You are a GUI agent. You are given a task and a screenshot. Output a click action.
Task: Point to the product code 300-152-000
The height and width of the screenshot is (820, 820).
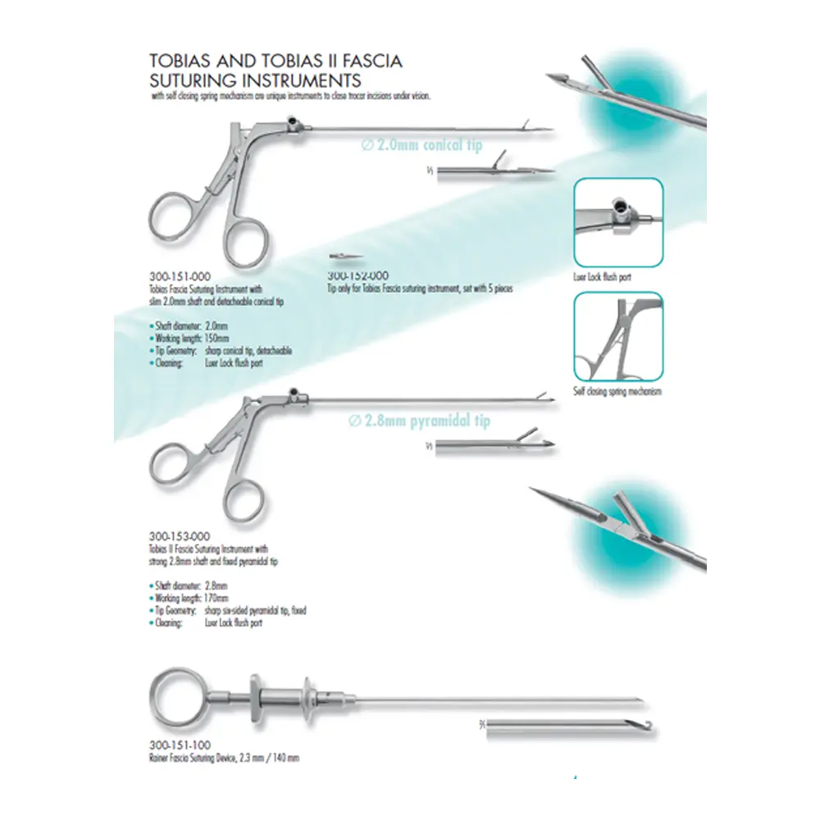pos(357,276)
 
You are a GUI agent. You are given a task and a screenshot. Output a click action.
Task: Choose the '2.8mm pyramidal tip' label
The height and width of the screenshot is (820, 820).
pos(419,421)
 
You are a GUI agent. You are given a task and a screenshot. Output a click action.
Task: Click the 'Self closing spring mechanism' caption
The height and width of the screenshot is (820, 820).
pos(617,392)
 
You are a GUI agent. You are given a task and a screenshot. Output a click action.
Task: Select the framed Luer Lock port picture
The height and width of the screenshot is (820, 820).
pos(617,221)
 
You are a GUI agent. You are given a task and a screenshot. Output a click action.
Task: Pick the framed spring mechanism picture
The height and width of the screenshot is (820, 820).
pos(617,336)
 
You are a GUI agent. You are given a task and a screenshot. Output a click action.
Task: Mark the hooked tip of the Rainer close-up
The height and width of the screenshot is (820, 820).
pos(649,725)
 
